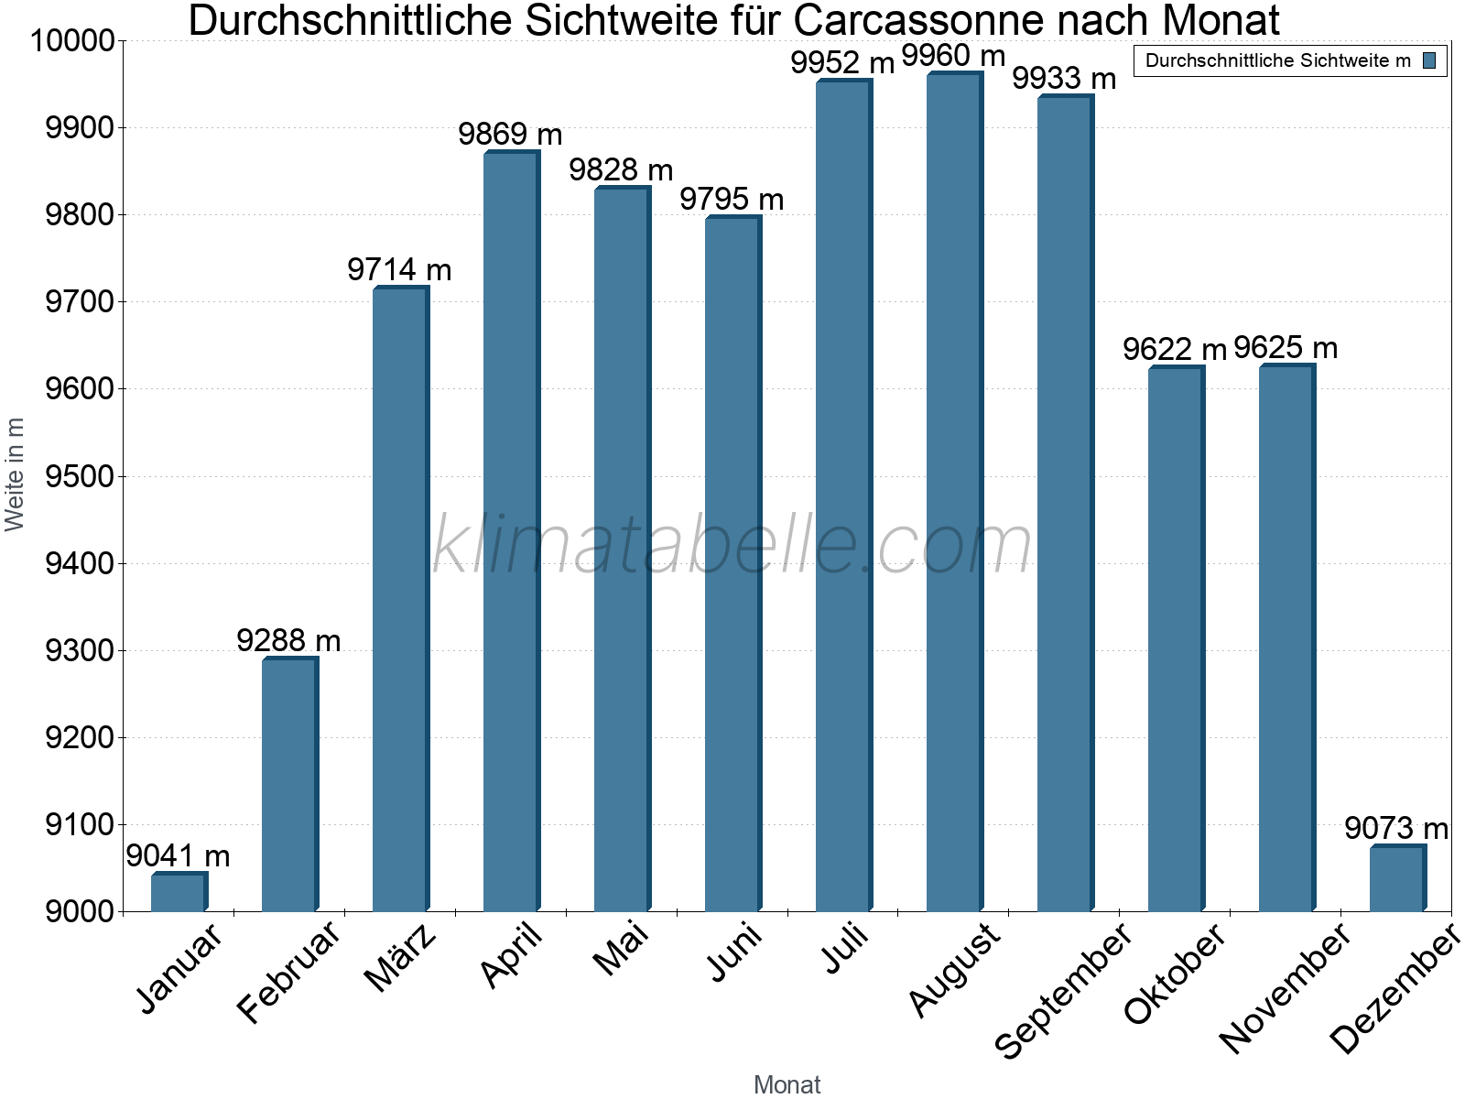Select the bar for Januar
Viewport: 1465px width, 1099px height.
coord(179,892)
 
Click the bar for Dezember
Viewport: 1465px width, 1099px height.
coord(1397,879)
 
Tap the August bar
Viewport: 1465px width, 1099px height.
coord(954,495)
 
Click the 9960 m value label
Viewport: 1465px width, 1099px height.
coord(953,56)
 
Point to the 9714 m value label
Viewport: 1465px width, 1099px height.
coord(399,270)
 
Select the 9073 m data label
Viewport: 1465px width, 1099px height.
coord(1396,829)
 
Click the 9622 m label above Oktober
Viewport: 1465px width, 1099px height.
coord(1175,350)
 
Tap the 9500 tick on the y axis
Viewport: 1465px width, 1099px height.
coord(80,477)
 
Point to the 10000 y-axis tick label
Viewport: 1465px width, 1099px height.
coord(72,41)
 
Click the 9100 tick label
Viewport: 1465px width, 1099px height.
coord(80,825)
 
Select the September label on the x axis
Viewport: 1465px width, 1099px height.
coord(1063,991)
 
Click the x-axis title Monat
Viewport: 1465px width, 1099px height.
coord(787,1085)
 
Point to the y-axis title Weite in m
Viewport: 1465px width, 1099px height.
coord(15,474)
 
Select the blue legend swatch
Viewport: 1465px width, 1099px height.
coord(1429,61)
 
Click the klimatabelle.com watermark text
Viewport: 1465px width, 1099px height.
coord(732,544)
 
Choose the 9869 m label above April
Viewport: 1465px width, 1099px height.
coord(510,135)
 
